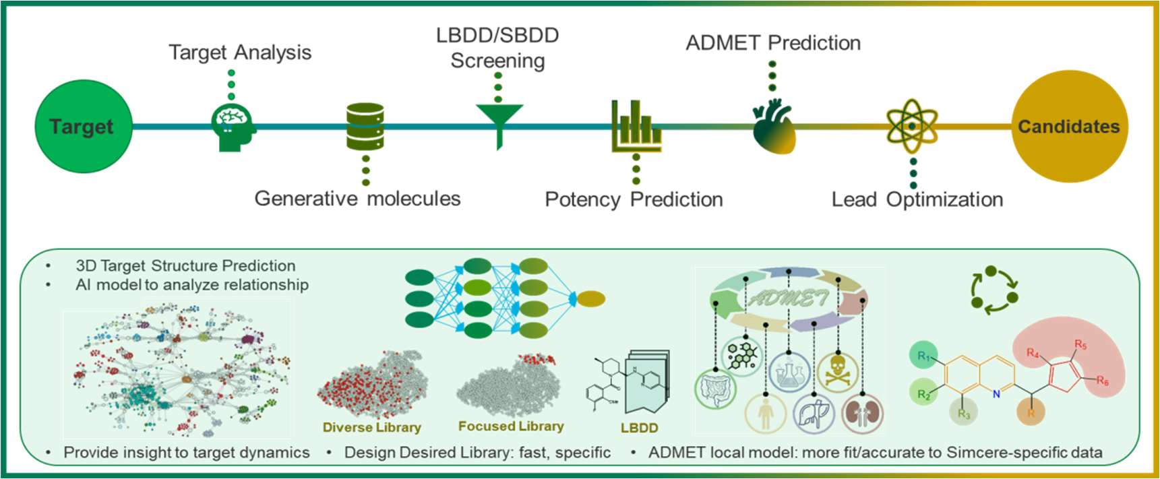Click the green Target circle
pos(83,127)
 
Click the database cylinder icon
pos(365,127)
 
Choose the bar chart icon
pos(636,127)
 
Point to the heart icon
pos(774,127)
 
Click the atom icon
pos(912,126)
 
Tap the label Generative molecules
pos(357,199)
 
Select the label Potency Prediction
pos(634,199)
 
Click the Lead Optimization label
pos(917,199)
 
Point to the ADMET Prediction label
pos(773,43)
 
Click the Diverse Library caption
pos(371,427)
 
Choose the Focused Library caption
pos(511,426)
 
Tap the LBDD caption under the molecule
pos(639,428)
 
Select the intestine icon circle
pos(716,389)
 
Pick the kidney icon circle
pos(862,413)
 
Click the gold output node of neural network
pos(591,298)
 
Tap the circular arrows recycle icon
pos(994,290)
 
